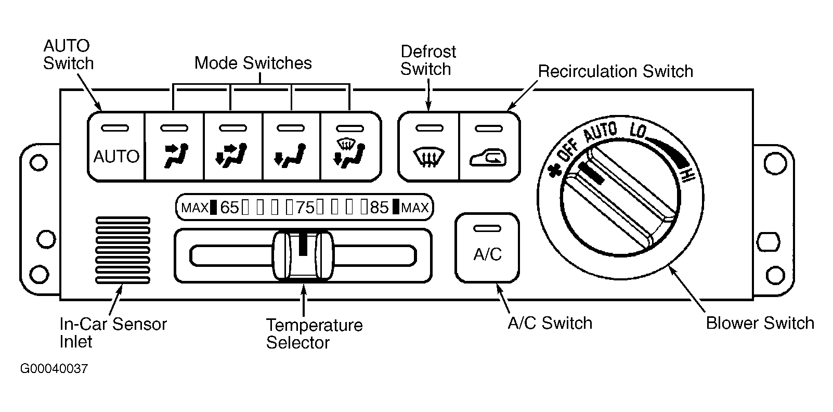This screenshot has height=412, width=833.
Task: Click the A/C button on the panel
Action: pyautogui.click(x=487, y=248)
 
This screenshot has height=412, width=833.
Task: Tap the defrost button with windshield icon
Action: pyautogui.click(x=429, y=146)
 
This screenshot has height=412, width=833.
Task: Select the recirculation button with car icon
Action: pyautogui.click(x=489, y=146)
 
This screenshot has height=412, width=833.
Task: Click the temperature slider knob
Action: pyautogui.click(x=303, y=255)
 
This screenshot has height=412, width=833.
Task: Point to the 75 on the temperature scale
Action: pyautogui.click(x=305, y=208)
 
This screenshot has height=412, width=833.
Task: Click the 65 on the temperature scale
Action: pyautogui.click(x=229, y=208)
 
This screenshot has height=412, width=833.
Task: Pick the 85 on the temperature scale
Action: pyautogui.click(x=379, y=208)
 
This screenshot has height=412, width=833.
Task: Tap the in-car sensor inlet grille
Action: pyautogui.click(x=123, y=250)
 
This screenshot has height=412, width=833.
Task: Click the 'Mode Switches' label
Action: pyautogui.click(x=253, y=63)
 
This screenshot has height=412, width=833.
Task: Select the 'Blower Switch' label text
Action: pyautogui.click(x=760, y=323)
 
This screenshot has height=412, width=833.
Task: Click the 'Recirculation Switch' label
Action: pyautogui.click(x=616, y=71)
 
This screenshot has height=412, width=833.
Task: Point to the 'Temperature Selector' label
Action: pyautogui.click(x=314, y=334)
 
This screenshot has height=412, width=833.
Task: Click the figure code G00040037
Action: pyautogui.click(x=54, y=369)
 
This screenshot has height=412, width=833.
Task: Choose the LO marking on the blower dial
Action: pyautogui.click(x=638, y=131)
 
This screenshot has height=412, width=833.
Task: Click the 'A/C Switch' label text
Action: pyautogui.click(x=550, y=323)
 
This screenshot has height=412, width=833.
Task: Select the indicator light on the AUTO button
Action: pyautogui.click(x=115, y=128)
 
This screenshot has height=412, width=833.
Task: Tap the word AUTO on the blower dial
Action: pyautogui.click(x=600, y=133)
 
